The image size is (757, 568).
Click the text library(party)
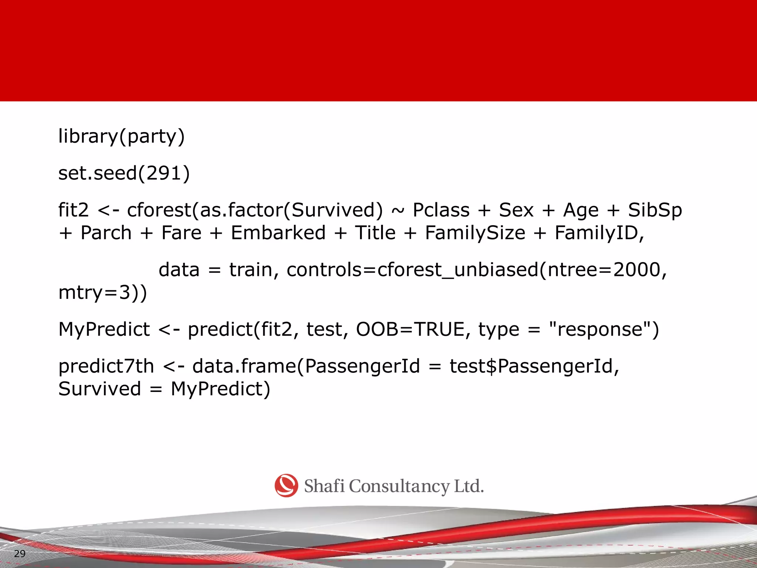click(x=121, y=136)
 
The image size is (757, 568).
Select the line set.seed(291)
click(x=124, y=173)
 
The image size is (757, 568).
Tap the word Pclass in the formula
click(x=441, y=210)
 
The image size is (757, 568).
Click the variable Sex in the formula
click(x=516, y=210)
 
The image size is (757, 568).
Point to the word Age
click(x=580, y=210)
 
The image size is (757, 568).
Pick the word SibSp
click(x=655, y=210)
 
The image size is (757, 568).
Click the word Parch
click(x=106, y=233)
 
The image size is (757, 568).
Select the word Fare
click(x=181, y=233)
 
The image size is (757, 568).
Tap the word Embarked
click(x=278, y=233)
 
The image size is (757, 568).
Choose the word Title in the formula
click(x=375, y=233)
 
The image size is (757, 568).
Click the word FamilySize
click(x=475, y=233)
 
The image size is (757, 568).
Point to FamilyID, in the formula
click(x=599, y=233)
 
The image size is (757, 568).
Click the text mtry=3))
click(x=103, y=293)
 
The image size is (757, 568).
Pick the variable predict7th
click(x=106, y=366)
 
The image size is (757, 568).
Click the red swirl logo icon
click(x=286, y=486)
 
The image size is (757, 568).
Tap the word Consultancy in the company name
click(x=399, y=487)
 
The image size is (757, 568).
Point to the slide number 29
click(x=20, y=554)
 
